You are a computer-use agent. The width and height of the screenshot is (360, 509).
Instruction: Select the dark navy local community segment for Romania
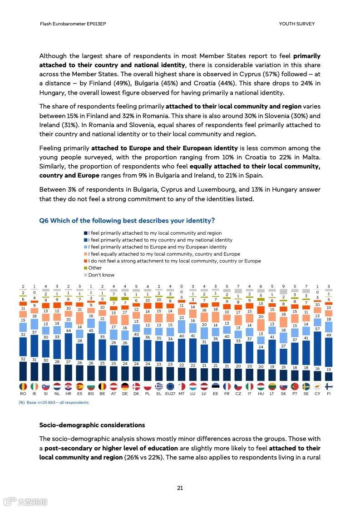(x=23, y=370)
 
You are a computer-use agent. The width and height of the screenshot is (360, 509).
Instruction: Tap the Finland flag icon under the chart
(x=329, y=386)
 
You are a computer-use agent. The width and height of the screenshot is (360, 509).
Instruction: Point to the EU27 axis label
(x=170, y=394)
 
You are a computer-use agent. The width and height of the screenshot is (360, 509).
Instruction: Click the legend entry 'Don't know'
(x=101, y=275)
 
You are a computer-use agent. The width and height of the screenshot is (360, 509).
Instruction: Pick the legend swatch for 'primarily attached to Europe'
(x=85, y=247)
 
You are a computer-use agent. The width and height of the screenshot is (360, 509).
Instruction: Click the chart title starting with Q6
(x=127, y=221)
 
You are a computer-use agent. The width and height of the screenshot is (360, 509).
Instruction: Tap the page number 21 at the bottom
(x=180, y=488)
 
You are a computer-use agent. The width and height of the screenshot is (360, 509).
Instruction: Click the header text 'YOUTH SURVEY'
(x=296, y=24)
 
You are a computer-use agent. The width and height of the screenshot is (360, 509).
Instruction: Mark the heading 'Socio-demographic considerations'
(x=92, y=425)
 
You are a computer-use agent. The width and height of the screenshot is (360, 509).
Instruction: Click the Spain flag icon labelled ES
(x=79, y=386)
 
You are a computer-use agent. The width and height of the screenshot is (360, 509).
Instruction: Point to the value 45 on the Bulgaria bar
(x=91, y=330)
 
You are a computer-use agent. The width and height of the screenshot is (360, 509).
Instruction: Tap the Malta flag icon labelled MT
(x=182, y=386)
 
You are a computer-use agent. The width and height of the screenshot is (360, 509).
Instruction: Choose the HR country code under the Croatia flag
(x=68, y=394)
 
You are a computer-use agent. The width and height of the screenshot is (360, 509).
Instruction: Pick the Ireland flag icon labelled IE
(x=34, y=386)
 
